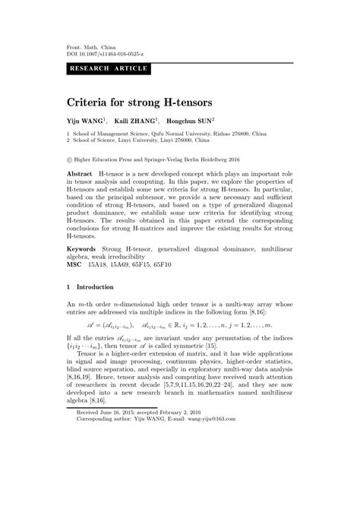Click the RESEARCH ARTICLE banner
click(109, 68)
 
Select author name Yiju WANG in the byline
click(87, 120)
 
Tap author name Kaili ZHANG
click(136, 120)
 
